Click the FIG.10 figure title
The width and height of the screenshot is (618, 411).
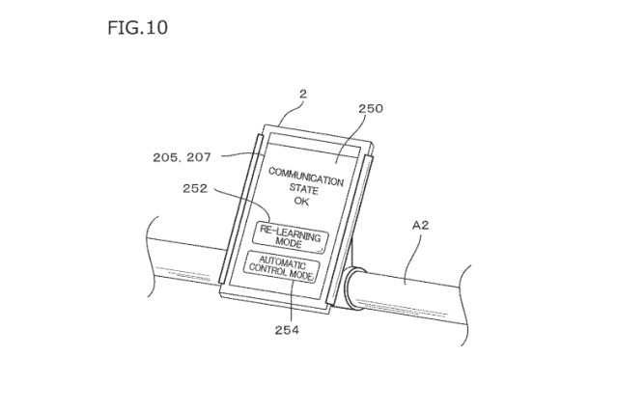click(x=137, y=28)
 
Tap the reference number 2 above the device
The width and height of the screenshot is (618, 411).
click(x=302, y=94)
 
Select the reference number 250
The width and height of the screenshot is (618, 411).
click(x=371, y=108)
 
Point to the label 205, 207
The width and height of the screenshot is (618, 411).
click(x=182, y=157)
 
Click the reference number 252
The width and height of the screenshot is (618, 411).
click(x=195, y=188)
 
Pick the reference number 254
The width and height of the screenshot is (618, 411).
click(x=287, y=330)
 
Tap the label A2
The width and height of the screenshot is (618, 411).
click(x=420, y=225)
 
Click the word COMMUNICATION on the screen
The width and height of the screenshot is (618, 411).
click(x=306, y=177)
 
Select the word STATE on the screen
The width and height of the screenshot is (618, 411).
click(x=303, y=189)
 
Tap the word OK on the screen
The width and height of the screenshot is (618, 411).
click(x=301, y=202)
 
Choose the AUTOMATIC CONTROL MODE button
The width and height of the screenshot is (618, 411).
click(x=282, y=267)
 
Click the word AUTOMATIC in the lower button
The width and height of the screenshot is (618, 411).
click(x=282, y=261)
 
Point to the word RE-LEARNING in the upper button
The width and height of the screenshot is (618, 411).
click(x=291, y=233)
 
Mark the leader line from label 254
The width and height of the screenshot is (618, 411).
click(x=292, y=301)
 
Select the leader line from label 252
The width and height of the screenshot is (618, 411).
click(x=248, y=201)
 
